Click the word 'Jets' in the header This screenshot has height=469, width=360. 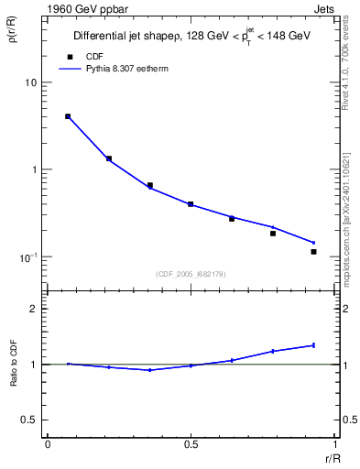(325, 7)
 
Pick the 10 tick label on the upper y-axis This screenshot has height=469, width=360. (30, 82)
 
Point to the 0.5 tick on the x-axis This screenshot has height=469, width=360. (191, 445)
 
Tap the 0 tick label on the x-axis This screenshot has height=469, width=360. (47, 445)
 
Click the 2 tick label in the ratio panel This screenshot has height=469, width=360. (34, 309)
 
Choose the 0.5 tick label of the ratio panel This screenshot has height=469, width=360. (30, 420)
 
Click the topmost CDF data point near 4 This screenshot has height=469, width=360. (68, 116)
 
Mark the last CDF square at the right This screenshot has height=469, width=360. (313, 251)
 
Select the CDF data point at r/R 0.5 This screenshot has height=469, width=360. (191, 204)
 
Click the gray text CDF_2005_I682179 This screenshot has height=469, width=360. (191, 273)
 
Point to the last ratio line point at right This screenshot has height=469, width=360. (313, 345)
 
